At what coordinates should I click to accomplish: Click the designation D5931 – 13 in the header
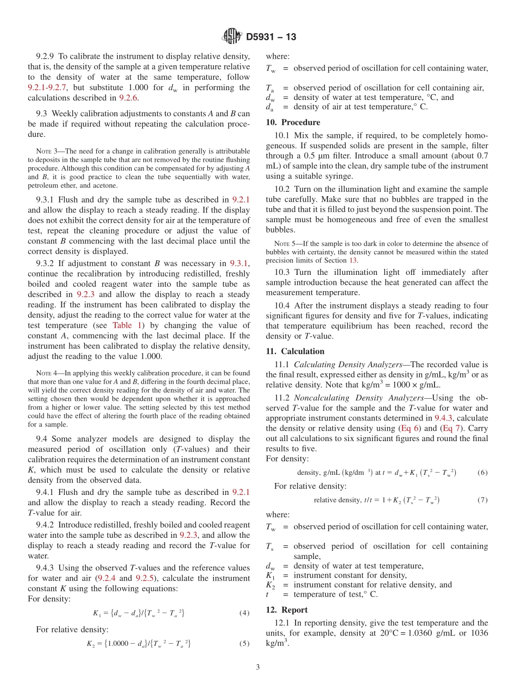pos(271,37)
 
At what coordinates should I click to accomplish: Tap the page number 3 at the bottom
pos(258,667)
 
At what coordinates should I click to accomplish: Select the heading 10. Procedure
pos(293,122)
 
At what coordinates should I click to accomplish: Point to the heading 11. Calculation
pos(295,351)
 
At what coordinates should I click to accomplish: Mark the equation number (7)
pos(482,500)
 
